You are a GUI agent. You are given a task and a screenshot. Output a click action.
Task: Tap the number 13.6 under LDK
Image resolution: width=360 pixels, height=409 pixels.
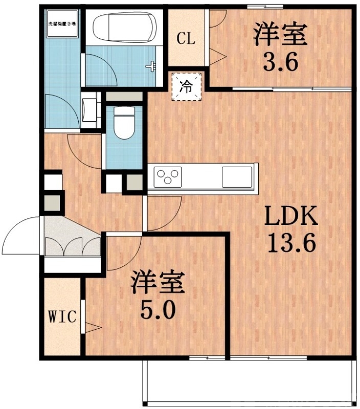click(x=291, y=244)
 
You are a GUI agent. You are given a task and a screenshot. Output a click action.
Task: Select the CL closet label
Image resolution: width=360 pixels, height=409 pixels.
click(x=186, y=39)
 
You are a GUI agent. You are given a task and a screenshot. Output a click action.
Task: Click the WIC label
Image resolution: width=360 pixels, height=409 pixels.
click(x=62, y=317)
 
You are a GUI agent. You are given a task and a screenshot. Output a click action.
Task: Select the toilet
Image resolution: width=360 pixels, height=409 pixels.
click(x=123, y=122)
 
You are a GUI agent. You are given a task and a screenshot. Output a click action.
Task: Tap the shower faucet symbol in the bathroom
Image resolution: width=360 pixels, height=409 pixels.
click(x=151, y=66)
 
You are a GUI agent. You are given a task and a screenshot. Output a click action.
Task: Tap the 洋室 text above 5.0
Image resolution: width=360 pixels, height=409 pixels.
click(x=157, y=283)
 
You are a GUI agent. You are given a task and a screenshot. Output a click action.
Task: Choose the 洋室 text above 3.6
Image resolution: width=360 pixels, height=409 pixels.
click(x=280, y=34)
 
